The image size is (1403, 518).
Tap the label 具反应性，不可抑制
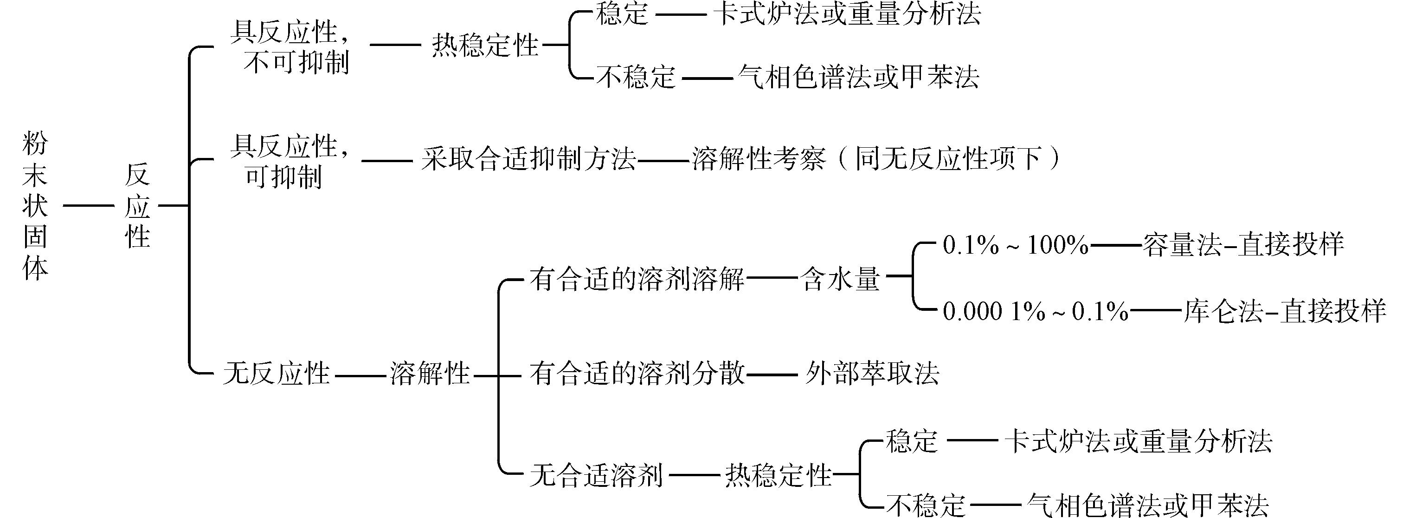(x=290, y=47)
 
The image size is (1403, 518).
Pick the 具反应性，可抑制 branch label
(x=290, y=161)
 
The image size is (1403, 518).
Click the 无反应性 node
(x=276, y=374)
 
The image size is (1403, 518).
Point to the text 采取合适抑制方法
(x=528, y=160)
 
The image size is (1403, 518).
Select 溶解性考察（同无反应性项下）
(x=877, y=160)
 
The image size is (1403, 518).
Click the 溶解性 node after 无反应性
(x=430, y=374)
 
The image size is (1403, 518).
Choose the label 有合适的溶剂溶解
(x=637, y=280)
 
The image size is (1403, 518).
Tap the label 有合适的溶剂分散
(x=637, y=374)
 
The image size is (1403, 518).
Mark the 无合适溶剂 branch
(x=596, y=475)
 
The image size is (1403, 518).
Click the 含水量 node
(x=840, y=280)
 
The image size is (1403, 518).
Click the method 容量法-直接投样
(x=1243, y=245)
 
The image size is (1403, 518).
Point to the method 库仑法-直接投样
(x=1284, y=312)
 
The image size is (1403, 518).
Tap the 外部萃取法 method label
(x=872, y=374)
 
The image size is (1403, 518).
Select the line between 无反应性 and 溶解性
(x=360, y=375)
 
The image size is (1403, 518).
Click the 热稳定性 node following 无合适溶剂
(x=778, y=475)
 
